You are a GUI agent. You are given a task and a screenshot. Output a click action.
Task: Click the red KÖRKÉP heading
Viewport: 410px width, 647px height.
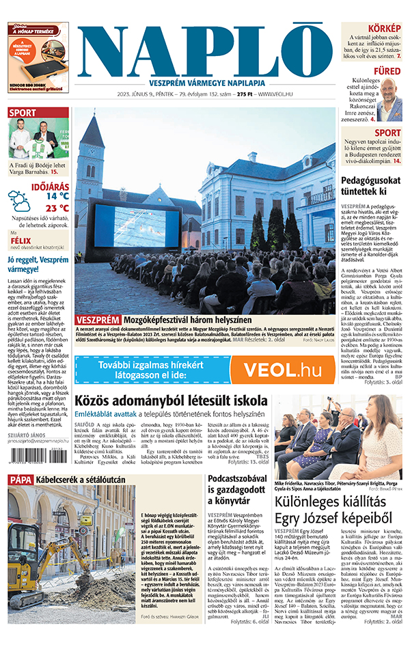tap(385, 29)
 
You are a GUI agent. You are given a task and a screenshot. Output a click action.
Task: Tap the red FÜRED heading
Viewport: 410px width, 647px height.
tap(387, 70)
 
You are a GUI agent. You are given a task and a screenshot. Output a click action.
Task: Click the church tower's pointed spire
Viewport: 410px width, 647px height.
tap(91, 130)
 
